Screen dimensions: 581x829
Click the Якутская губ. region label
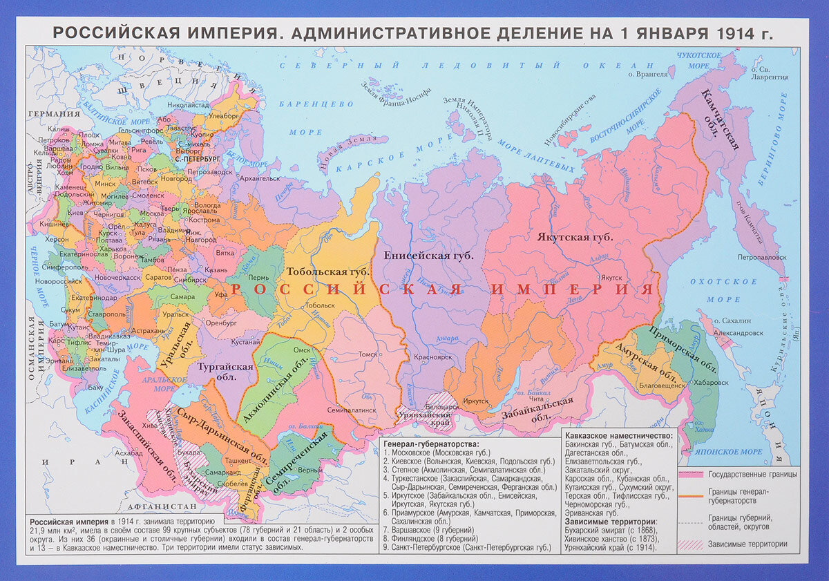[575, 237]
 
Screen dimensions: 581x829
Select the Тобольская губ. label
[318, 272]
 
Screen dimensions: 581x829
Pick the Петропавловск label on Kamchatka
[761, 256]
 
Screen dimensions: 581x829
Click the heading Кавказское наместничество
[618, 437]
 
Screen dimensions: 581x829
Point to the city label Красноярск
[432, 357]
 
